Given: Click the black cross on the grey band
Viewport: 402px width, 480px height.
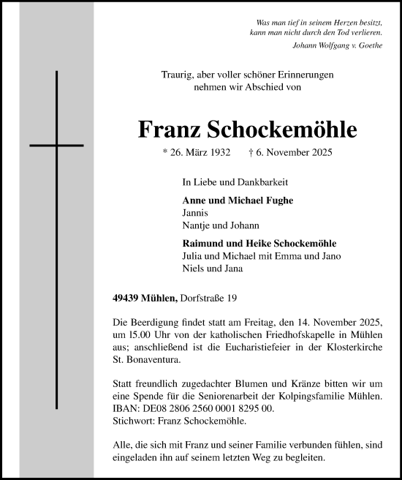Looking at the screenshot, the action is coord(56,146).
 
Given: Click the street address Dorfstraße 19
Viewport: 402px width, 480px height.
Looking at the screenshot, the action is coord(208,298).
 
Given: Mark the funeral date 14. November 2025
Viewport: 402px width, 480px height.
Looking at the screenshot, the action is coord(346,323).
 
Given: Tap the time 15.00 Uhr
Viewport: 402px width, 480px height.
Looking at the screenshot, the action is coord(150,335).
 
